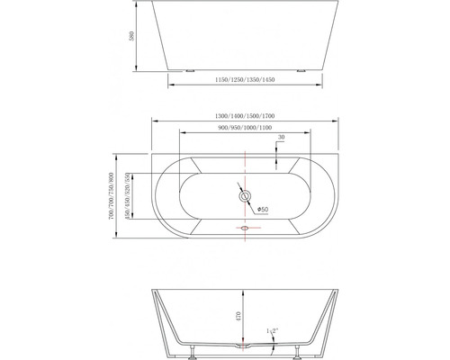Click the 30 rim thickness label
pyautogui.click(x=282, y=137)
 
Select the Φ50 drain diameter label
pyautogui.click(x=263, y=210)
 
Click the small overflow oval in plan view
pyautogui.click(x=243, y=229)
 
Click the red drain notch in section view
pyautogui.click(x=243, y=345)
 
